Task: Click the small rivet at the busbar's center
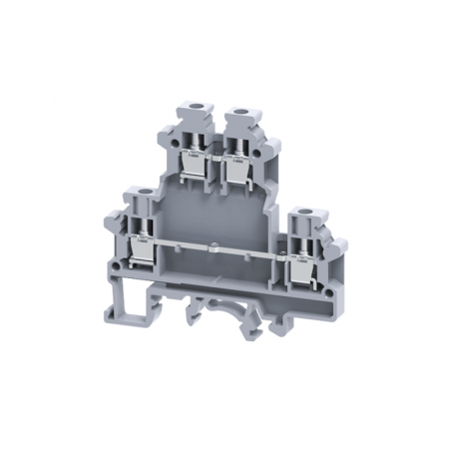pos(215,246)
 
